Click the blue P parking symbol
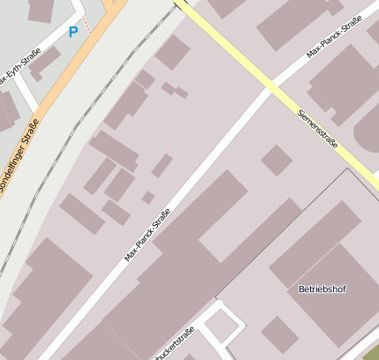tap(73, 32)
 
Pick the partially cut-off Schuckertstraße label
tap(172, 345)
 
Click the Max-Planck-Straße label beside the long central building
tap(147, 234)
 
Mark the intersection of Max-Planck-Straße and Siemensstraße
tap(269, 86)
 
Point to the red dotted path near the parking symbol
tap(87, 24)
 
